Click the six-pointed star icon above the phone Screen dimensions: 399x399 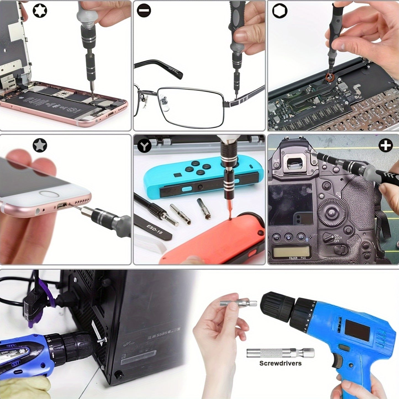[x=40, y=11]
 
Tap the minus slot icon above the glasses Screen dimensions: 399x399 [x=144, y=11]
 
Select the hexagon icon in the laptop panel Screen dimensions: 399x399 [x=280, y=11]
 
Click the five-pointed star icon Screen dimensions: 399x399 [x=40, y=145]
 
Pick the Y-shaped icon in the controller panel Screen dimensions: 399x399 [x=144, y=146]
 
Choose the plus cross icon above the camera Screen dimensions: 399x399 [x=385, y=145]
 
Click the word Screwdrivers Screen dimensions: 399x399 [x=280, y=363]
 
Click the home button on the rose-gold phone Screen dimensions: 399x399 [x=49, y=194]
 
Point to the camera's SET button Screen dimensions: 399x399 [x=332, y=213]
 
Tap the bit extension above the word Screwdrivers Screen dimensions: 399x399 [x=280, y=353]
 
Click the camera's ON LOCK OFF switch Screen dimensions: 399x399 [x=329, y=237]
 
